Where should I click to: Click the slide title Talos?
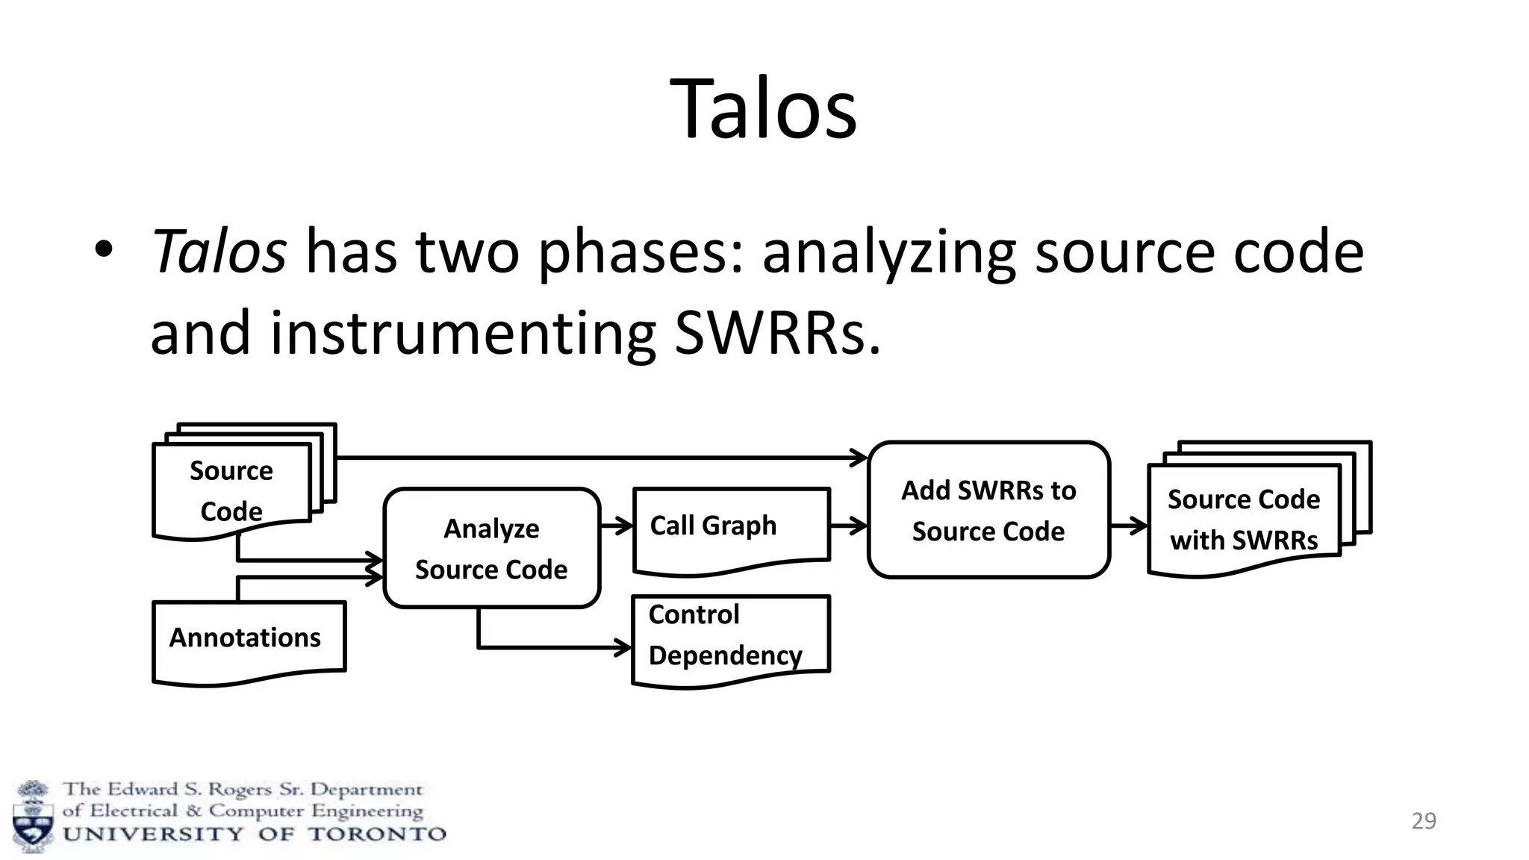coord(763,109)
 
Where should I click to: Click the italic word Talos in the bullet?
coord(219,252)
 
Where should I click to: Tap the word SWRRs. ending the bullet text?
coord(776,332)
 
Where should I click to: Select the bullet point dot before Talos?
coord(103,251)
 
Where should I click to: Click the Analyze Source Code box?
coord(491,549)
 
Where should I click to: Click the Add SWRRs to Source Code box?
coord(988,511)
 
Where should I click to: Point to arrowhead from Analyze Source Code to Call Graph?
coord(626,526)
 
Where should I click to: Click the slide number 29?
coord(1424,821)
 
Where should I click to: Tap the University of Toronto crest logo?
coord(33,817)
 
